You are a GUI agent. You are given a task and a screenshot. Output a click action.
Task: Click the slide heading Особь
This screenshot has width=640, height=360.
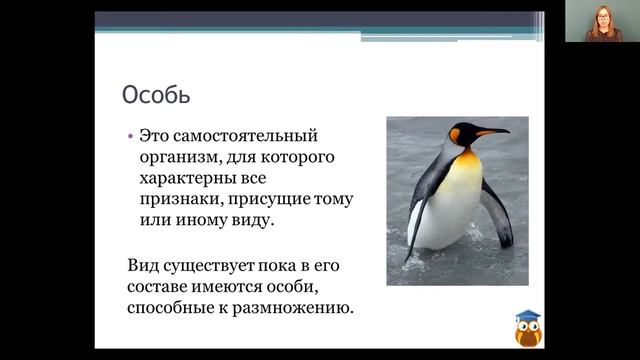pyautogui.click(x=156, y=95)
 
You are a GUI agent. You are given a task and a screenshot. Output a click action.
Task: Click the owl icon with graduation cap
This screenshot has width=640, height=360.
pyautogui.click(x=527, y=327)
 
